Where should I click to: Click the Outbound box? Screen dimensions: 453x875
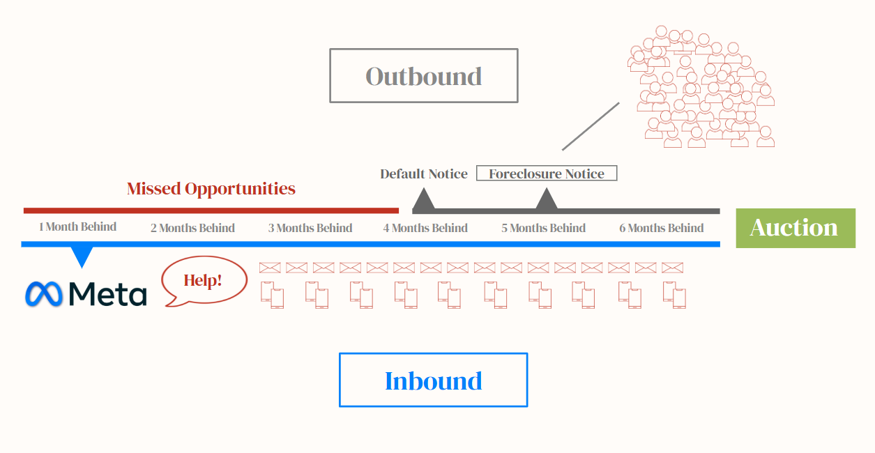[x=423, y=76]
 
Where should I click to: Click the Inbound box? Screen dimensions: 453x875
[x=433, y=381]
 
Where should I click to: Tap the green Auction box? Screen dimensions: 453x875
[x=795, y=228]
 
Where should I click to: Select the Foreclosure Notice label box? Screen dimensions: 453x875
[x=547, y=174]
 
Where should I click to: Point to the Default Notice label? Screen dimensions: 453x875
[x=424, y=174]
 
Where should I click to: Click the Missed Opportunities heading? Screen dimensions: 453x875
[x=211, y=189]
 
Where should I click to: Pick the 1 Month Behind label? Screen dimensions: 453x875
[x=77, y=227]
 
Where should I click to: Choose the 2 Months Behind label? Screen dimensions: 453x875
[x=192, y=228]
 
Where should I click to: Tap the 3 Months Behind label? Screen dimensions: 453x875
[x=310, y=228]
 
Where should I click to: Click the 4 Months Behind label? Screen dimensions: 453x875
[x=425, y=228]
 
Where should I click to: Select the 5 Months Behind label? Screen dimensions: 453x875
[x=543, y=228]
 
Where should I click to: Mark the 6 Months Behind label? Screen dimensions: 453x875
[x=661, y=228]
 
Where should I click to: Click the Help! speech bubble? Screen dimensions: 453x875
[x=204, y=281]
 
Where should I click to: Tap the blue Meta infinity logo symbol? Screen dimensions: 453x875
[x=44, y=294]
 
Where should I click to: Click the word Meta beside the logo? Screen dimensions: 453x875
[x=108, y=294]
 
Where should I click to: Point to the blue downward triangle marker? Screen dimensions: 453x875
[x=82, y=256]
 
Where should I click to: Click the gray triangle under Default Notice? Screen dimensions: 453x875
[x=424, y=202]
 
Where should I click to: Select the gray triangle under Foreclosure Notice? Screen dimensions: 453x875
[x=546, y=201]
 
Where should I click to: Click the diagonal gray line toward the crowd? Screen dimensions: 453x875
[x=591, y=126]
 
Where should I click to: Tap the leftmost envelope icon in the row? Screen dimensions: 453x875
[x=269, y=268]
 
